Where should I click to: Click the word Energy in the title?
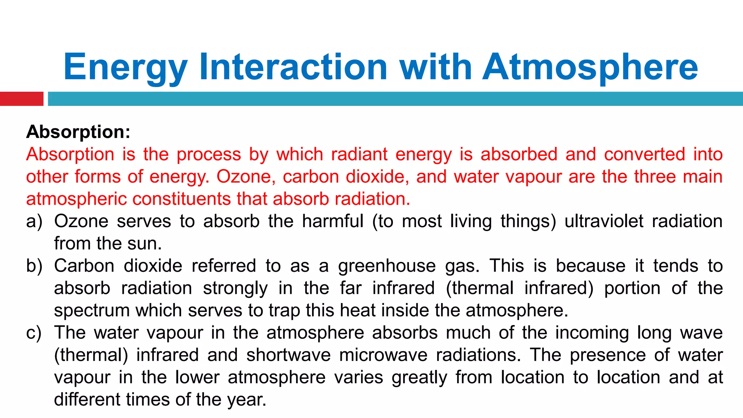point(125,67)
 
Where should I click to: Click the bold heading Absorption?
point(78,132)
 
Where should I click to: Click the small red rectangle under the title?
point(21,99)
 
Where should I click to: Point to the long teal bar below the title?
point(395,99)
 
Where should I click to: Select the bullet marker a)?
point(34,221)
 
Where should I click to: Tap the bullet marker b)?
point(34,266)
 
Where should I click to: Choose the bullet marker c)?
point(34,333)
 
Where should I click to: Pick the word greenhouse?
point(387,266)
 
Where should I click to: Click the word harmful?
point(333,221)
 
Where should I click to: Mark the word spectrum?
point(92,311)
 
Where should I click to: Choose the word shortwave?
point(288,355)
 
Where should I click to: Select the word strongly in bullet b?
point(235,288)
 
